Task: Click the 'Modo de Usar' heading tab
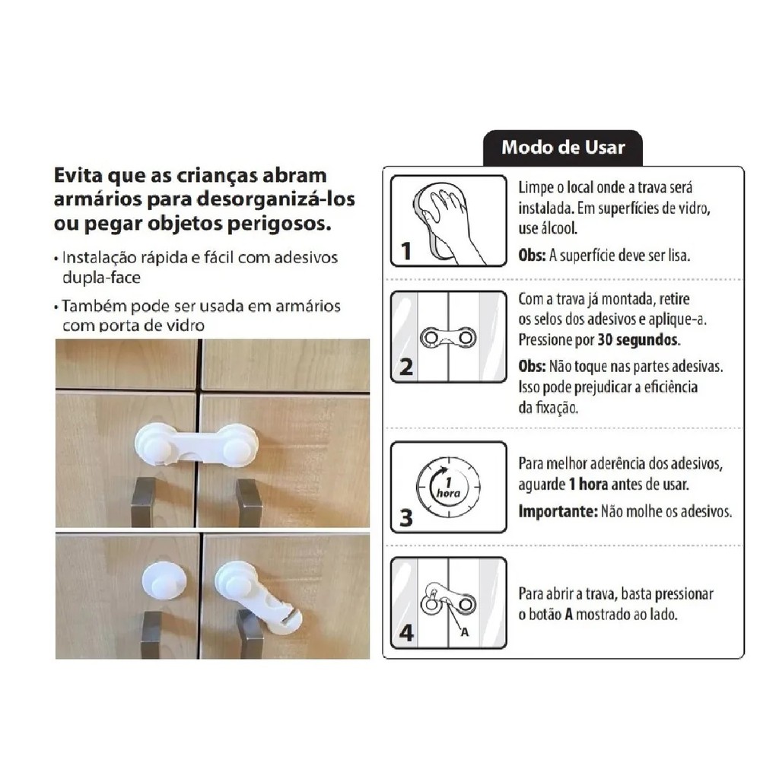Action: point(563,148)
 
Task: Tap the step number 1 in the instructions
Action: point(406,251)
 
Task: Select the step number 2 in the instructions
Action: point(406,367)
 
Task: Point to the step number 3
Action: point(406,517)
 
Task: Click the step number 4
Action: point(406,633)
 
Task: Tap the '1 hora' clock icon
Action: point(448,488)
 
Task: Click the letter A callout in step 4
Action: point(465,632)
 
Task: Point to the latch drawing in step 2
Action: point(448,339)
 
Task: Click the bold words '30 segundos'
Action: point(638,340)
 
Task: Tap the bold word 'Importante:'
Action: point(558,511)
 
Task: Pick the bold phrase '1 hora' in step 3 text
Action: point(588,485)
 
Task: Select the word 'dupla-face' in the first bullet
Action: point(101,277)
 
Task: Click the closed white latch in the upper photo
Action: point(196,444)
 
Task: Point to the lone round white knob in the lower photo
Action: point(164,580)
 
